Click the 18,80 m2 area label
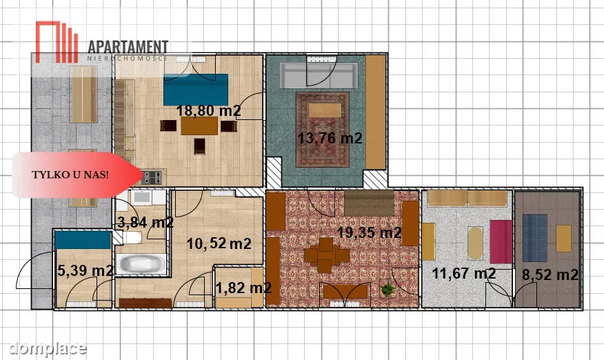click(208, 110)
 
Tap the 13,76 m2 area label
click(330, 138)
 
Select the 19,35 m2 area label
click(369, 232)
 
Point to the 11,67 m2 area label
click(464, 273)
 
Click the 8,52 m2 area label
click(550, 274)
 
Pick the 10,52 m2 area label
click(219, 243)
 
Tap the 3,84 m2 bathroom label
click(145, 222)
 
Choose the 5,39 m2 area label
click(85, 270)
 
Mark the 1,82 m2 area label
click(243, 288)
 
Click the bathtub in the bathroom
click(141, 264)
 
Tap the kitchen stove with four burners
click(152, 177)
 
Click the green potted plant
click(388, 289)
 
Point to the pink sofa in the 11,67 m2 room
click(501, 241)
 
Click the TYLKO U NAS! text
click(70, 174)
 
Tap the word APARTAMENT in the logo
click(128, 47)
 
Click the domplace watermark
click(48, 348)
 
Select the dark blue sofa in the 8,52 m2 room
click(535, 238)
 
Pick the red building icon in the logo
click(57, 41)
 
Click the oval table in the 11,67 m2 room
click(475, 243)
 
